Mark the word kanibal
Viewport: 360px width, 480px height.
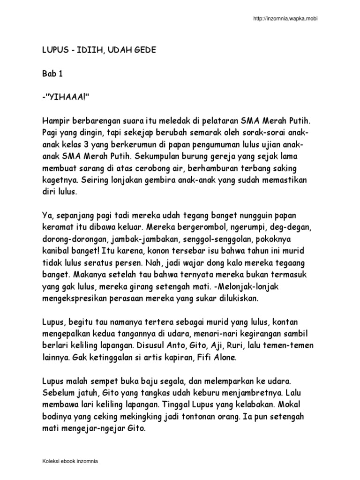pyautogui.click(x=55, y=250)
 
